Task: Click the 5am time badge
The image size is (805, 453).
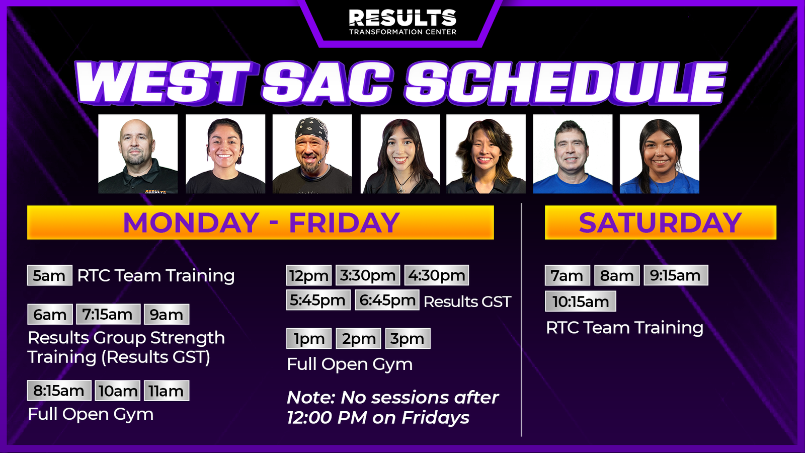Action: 50,275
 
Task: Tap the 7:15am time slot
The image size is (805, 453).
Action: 108,314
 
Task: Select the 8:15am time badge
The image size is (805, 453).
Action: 59,391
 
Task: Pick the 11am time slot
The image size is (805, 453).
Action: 167,391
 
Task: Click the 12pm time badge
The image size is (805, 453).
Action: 309,275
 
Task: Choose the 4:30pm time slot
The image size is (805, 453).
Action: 437,275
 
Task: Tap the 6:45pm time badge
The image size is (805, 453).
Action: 387,300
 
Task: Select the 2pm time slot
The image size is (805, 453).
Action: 358,338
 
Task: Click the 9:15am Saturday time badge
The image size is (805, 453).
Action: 676,275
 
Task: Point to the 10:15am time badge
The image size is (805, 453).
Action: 581,301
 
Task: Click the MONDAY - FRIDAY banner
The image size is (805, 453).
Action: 261,222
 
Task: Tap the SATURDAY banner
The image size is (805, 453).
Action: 661,222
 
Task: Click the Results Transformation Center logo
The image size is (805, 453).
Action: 403,22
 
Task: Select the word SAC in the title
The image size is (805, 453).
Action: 327,84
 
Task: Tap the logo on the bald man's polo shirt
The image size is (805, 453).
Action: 155,192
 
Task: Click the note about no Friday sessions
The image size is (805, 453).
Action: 392,407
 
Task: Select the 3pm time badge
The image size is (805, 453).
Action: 408,338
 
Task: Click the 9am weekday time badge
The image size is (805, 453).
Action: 167,314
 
